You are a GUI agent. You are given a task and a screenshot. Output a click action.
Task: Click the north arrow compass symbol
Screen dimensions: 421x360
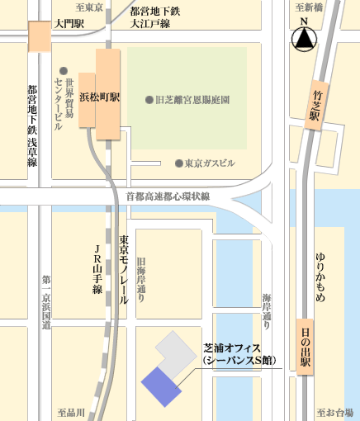tap(305, 37)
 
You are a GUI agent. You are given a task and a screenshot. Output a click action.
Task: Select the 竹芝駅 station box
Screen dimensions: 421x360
tap(315, 106)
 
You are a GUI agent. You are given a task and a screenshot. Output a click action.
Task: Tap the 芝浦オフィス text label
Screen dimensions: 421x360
tap(234, 355)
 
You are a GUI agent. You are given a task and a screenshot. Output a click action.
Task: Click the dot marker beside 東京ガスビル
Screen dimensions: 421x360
tap(179, 163)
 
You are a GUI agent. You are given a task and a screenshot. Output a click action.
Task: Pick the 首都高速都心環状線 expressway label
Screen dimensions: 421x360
tap(168, 196)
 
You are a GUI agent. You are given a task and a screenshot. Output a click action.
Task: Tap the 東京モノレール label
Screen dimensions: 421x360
tap(124, 269)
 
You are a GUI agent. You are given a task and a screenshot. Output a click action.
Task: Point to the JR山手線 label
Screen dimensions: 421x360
tap(97, 269)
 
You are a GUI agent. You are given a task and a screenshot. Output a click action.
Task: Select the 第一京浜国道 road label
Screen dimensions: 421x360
tap(47, 300)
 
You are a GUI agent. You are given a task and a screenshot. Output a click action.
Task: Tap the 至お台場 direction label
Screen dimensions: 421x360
tap(334, 410)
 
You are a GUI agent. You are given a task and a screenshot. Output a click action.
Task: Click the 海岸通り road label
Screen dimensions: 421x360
tap(266, 305)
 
